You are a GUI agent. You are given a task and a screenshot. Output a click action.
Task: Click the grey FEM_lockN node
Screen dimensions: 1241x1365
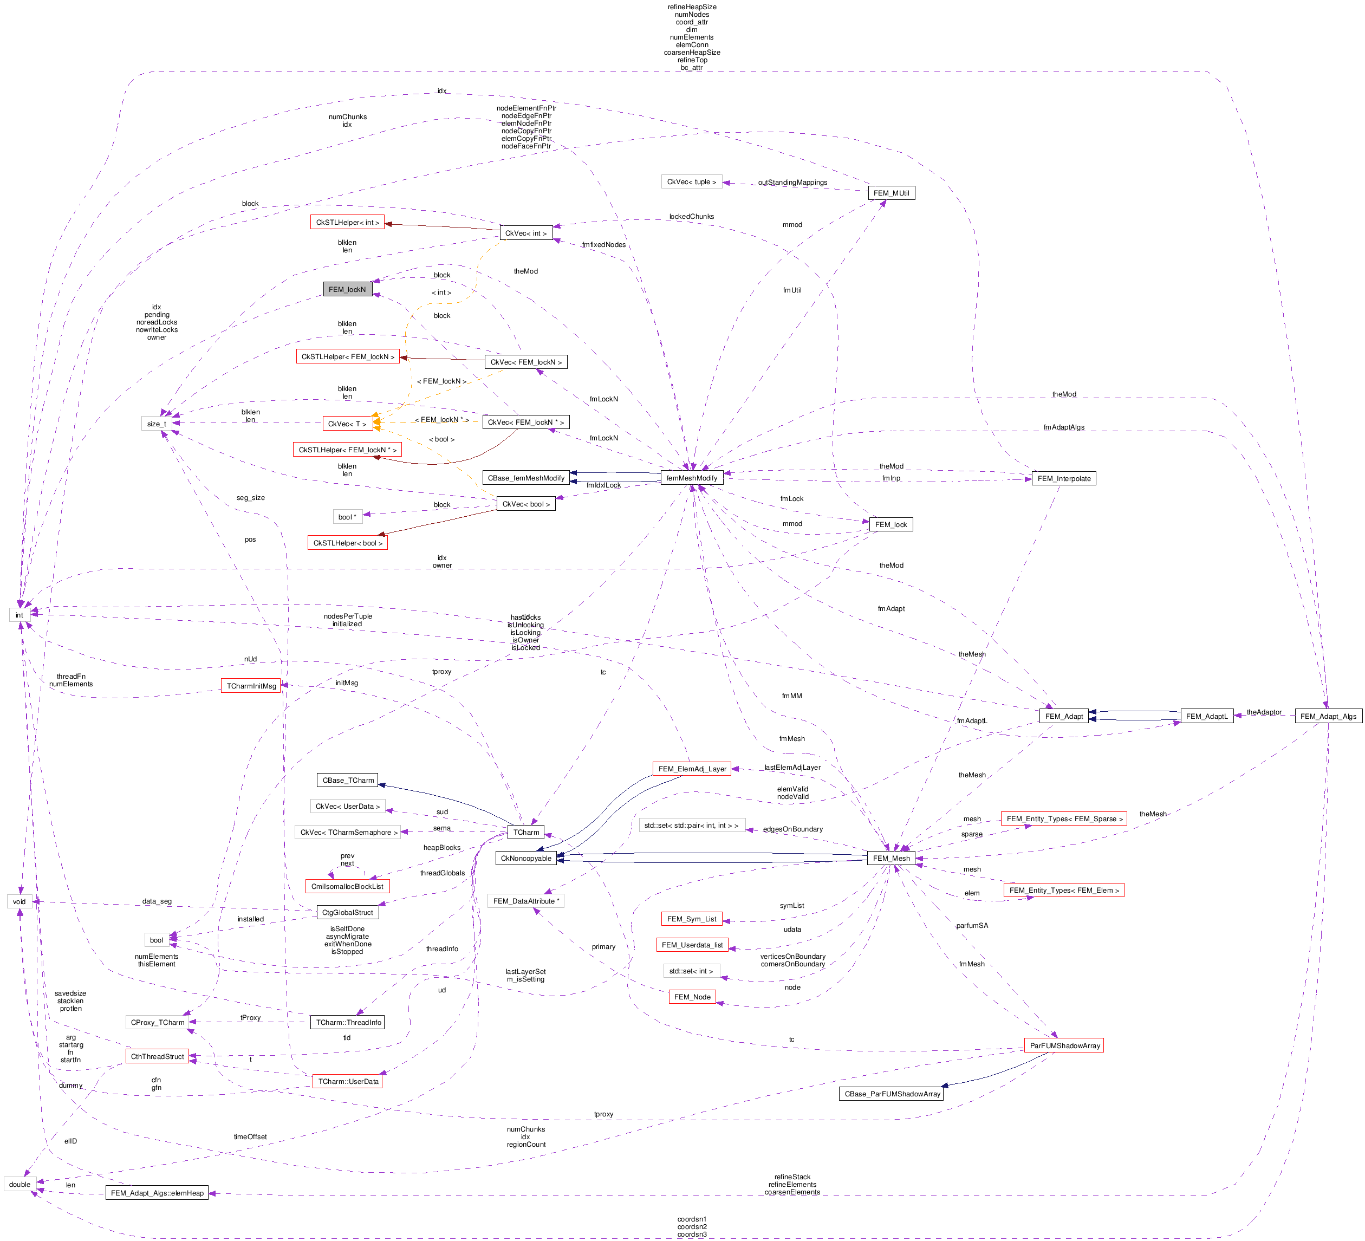point(347,289)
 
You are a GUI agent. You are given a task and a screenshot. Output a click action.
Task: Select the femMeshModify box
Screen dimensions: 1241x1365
point(691,478)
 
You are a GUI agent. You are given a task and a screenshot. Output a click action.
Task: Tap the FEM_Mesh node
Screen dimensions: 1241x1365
point(891,858)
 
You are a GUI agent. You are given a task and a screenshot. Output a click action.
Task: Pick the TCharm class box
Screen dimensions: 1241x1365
point(526,832)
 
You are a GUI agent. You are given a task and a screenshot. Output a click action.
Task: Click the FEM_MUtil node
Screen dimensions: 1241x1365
point(890,193)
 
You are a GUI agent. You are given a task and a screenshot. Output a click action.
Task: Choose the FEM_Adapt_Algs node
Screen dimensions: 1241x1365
point(1328,716)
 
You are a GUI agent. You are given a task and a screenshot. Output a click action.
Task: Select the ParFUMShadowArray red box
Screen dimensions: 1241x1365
point(1064,1045)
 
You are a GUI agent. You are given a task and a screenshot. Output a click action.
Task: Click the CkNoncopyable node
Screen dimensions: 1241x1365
point(526,858)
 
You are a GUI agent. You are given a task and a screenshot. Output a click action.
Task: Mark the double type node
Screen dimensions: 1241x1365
point(19,1184)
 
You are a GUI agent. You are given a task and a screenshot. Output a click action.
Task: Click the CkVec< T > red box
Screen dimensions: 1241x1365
point(347,424)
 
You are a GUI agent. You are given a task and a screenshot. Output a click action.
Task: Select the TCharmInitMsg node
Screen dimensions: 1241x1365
point(251,686)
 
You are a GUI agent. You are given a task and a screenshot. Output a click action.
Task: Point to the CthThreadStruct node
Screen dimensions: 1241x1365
point(157,1056)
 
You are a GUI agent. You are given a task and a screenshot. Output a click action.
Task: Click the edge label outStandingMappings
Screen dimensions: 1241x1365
point(792,182)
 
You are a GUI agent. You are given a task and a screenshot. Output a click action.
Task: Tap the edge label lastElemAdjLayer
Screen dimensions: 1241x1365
point(792,767)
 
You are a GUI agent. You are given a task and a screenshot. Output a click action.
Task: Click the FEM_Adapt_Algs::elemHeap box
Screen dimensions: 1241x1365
point(157,1193)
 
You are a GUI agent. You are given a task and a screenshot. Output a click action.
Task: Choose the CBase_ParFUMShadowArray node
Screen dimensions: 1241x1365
point(892,1094)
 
